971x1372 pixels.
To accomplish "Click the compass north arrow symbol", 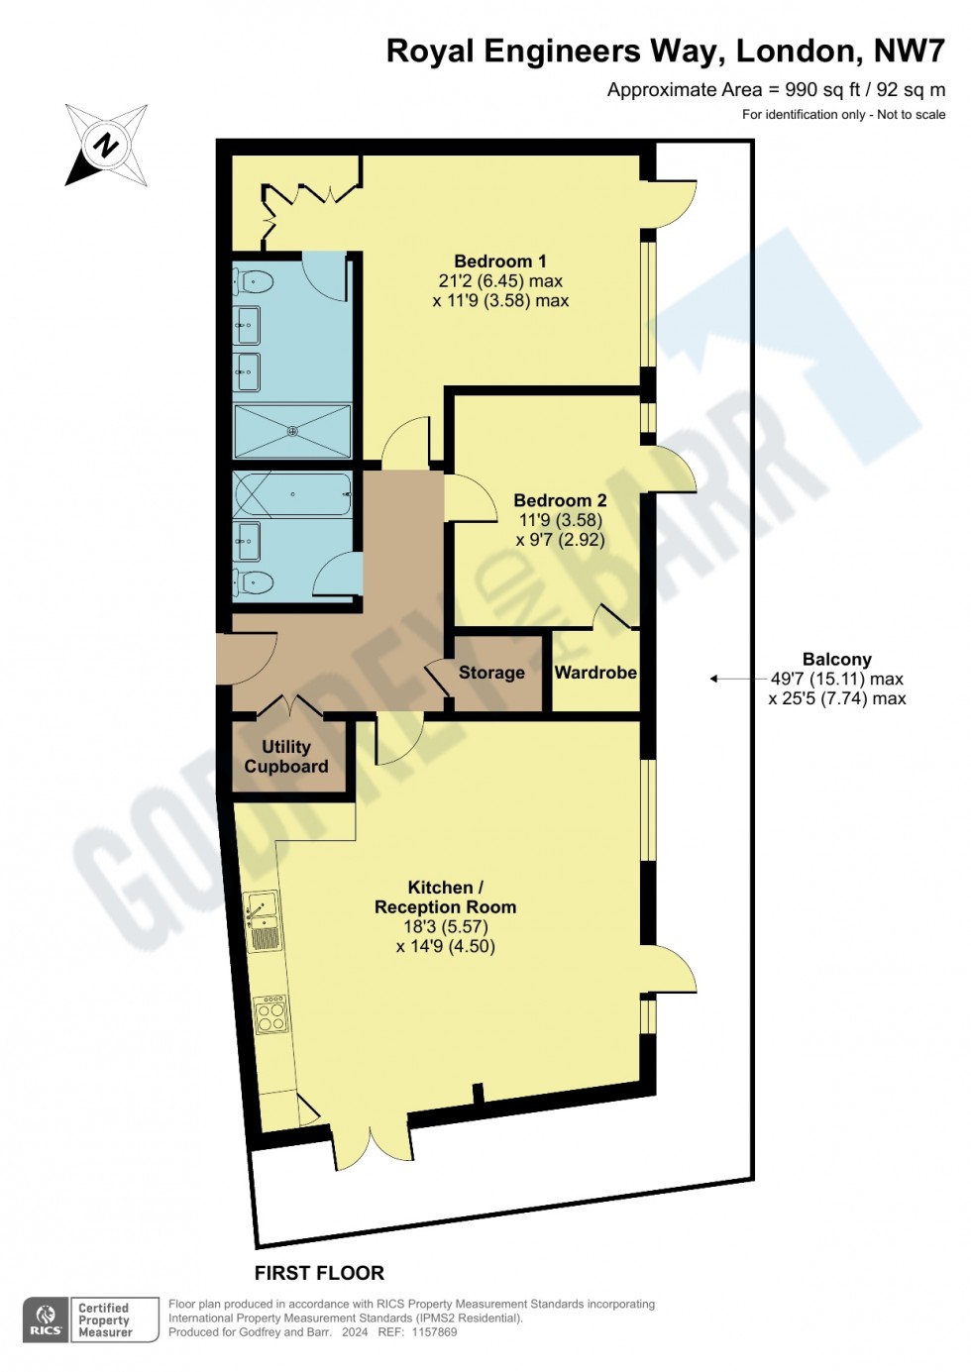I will pos(106,146).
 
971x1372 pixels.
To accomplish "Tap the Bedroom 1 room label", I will pos(500,262).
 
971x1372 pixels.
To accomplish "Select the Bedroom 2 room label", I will pos(560,500).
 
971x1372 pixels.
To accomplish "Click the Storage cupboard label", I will pos(491,673).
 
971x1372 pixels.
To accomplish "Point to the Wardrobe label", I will pos(595,673).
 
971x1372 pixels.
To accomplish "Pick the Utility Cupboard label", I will pos(286,757).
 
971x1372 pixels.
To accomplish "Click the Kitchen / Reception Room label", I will pos(446,897).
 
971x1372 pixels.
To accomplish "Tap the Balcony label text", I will pos(837,660).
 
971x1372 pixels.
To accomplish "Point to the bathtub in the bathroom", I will pos(292,493).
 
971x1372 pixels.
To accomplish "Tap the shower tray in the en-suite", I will pos(292,431).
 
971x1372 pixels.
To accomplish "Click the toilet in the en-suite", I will pos(254,282).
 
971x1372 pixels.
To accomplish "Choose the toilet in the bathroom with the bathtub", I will pos(254,581).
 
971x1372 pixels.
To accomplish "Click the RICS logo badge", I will pos(47,1319).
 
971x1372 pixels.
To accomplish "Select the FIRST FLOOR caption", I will pos(319,1273).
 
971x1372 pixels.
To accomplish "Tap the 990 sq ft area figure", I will pos(822,90).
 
